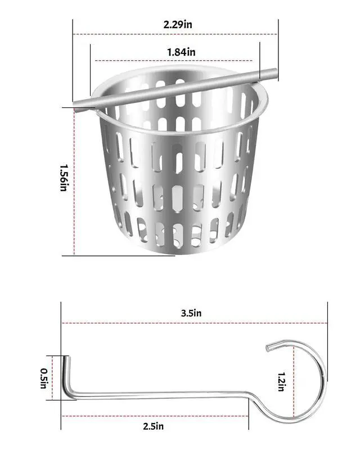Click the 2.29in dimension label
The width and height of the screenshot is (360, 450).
178,24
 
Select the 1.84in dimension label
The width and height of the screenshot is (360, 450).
181,52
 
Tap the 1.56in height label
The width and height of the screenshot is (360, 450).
64,178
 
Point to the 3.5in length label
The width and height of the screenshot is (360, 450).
191,313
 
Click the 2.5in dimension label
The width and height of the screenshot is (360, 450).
154,426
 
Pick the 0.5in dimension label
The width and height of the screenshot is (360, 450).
44,379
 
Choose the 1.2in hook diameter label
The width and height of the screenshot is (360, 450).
282,382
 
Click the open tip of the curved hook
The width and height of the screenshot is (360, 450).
268,348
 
